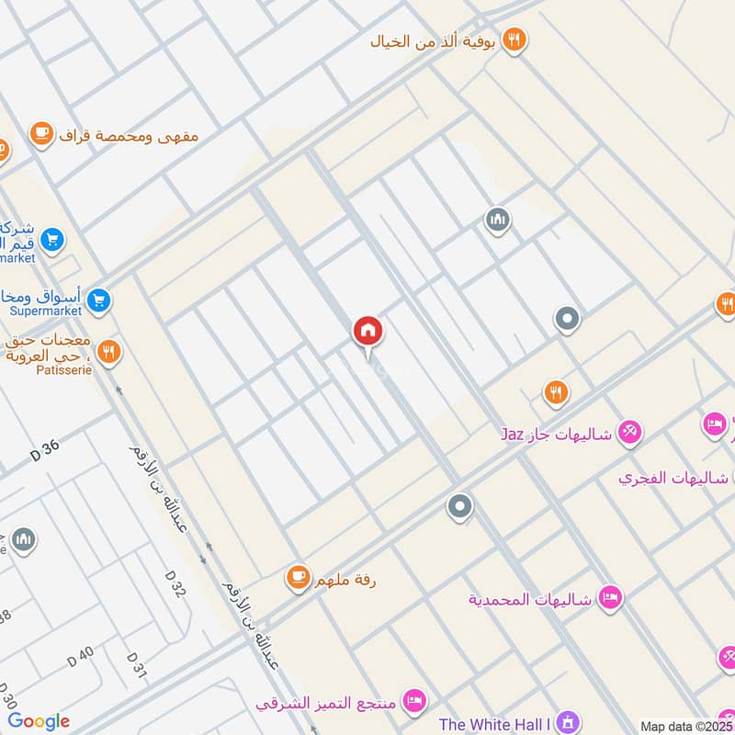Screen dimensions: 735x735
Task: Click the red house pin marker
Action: (x=367, y=331)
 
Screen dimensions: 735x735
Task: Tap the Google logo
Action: (x=39, y=721)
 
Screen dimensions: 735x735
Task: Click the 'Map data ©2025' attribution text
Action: (x=686, y=726)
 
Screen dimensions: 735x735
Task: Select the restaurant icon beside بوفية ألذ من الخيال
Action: (x=517, y=40)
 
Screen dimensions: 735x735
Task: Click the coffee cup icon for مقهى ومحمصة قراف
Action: (x=40, y=135)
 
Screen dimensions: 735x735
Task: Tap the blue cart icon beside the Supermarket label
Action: (x=100, y=299)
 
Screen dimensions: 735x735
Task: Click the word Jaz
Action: (x=512, y=432)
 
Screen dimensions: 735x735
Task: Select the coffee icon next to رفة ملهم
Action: (x=297, y=577)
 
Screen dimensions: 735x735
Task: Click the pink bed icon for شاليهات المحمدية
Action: (x=609, y=599)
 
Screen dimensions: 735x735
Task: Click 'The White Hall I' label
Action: (x=495, y=724)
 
